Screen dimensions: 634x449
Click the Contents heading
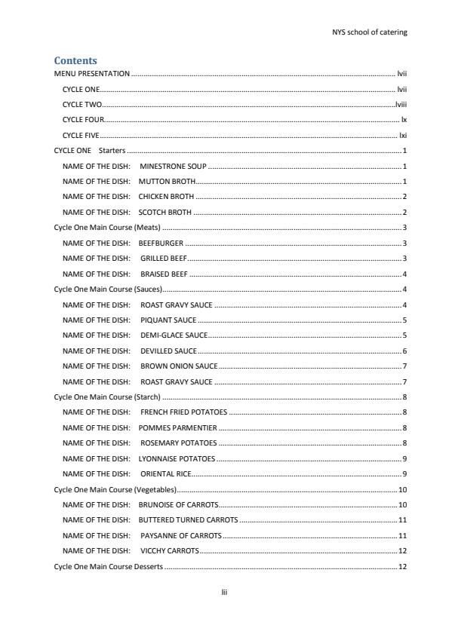coord(75,60)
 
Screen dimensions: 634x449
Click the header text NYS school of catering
coord(370,32)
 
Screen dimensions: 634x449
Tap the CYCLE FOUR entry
coord(83,121)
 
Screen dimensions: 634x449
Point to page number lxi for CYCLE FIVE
coord(403,136)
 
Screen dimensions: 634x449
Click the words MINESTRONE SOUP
coord(173,167)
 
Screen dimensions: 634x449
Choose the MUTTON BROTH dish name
coord(167,182)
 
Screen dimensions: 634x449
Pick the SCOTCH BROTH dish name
coord(165,213)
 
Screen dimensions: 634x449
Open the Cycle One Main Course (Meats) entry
coord(107,228)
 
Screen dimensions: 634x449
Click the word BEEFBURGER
coord(161,243)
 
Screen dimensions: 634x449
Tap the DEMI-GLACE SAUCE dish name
coord(173,335)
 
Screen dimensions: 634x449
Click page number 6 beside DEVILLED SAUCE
coord(404,351)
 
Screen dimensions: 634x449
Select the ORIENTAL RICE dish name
coord(165,474)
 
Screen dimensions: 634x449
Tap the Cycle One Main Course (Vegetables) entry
coord(115,489)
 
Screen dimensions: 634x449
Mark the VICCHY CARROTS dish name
coord(169,551)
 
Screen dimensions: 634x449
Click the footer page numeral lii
coord(224,593)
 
